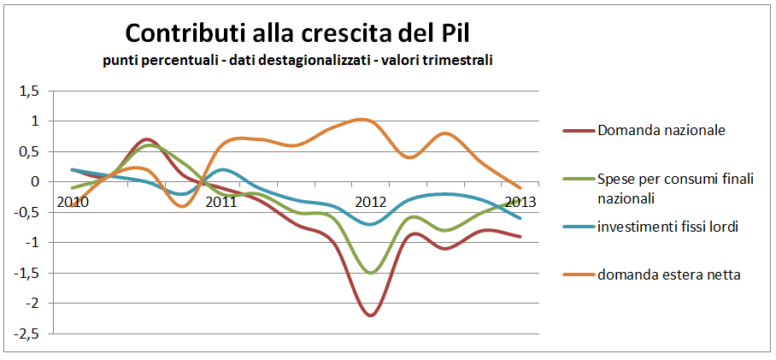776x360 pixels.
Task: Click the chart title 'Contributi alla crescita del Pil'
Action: pos(297,33)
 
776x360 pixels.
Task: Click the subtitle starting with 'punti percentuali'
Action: pos(297,61)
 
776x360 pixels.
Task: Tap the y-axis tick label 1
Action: pos(34,121)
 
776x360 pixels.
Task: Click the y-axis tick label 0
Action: pos(34,182)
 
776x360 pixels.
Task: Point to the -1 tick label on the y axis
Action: pos(32,243)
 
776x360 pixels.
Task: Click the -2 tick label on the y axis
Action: pos(32,304)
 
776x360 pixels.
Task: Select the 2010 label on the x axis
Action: pos(72,203)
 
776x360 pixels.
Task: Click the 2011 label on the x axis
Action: pos(221,203)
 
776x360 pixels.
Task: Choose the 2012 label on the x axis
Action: pos(371,203)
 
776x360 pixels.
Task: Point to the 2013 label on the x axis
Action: pos(520,203)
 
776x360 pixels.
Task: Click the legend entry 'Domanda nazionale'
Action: pos(661,131)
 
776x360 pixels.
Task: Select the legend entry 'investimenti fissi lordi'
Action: pos(667,227)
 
